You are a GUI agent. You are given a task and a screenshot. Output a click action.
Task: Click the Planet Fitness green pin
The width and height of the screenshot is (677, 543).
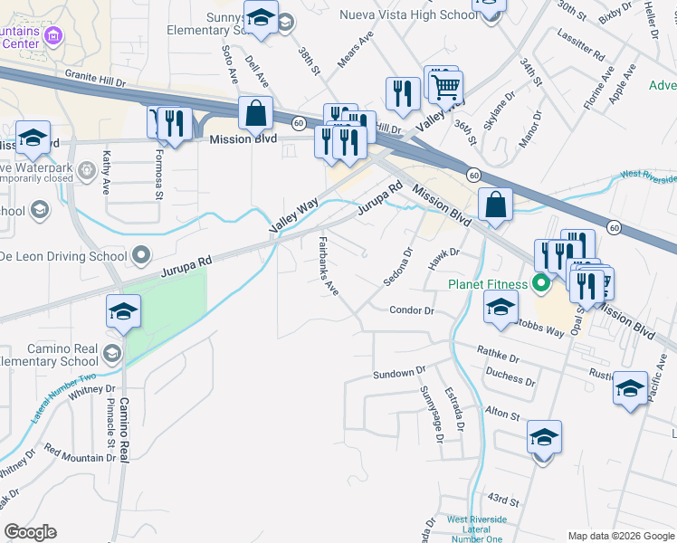click(542, 284)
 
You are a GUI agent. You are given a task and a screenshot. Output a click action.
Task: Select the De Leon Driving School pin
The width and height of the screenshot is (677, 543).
click(140, 256)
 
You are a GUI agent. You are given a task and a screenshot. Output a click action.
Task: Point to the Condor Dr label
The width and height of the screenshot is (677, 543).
click(412, 310)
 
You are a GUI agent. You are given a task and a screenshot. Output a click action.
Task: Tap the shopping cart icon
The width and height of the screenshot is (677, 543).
click(445, 88)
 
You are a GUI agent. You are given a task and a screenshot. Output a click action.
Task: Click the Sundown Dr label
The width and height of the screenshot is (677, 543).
click(399, 373)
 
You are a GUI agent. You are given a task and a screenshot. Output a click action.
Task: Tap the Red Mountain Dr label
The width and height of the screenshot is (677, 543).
click(74, 458)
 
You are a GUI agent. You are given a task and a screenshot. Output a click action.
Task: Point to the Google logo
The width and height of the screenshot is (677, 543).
click(30, 532)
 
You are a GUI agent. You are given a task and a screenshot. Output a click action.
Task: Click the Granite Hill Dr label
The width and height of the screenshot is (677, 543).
click(101, 79)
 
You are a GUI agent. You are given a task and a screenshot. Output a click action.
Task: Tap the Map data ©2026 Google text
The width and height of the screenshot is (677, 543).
click(621, 535)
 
